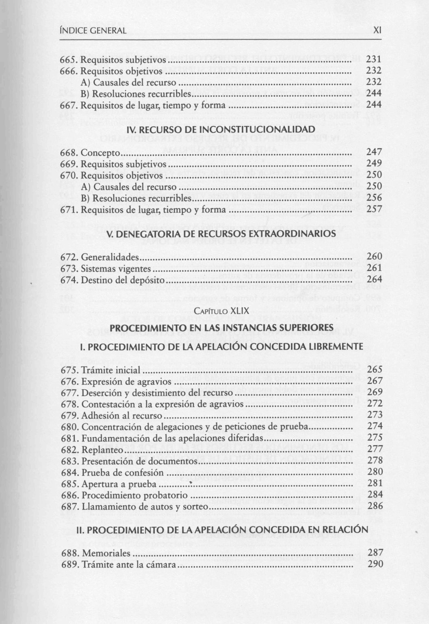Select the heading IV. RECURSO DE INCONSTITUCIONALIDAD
(221, 130)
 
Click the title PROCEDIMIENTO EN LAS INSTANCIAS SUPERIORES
(221, 327)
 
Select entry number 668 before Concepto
(69, 153)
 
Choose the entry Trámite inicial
(110, 370)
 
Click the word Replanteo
(102, 450)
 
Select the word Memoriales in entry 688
(106, 553)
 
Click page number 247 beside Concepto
(374, 153)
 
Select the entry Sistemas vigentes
(116, 269)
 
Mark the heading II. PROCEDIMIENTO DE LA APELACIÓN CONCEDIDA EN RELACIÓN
(222, 530)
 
